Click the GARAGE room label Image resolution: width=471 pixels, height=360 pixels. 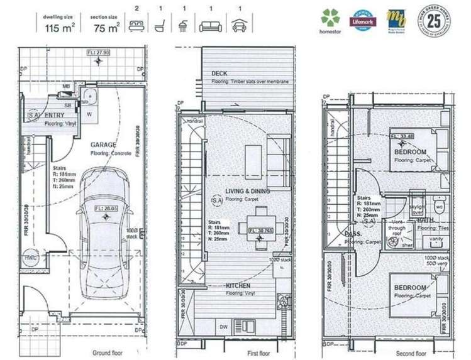tap(104, 144)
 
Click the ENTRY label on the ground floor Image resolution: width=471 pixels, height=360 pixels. tap(55, 116)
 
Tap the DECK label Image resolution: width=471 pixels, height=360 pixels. tap(219, 74)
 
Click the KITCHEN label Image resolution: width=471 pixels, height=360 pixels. tap(238, 285)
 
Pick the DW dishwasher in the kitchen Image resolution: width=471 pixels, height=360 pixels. tap(224, 327)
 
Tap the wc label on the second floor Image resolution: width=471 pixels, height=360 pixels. tap(440, 205)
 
